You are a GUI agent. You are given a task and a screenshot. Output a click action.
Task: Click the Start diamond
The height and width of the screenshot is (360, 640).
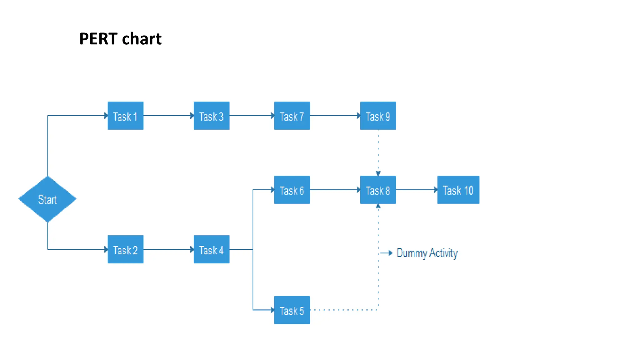point(47,199)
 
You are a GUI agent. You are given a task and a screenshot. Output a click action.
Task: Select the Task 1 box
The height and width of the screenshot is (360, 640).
point(125,116)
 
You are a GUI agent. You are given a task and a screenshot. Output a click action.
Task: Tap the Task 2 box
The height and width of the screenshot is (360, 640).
point(125,249)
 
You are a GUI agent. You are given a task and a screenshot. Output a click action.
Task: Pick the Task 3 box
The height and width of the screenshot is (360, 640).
point(211,116)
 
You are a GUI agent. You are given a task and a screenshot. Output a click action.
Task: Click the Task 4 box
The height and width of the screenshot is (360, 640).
point(211,249)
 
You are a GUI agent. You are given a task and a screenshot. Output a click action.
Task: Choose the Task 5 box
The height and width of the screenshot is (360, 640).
point(292,310)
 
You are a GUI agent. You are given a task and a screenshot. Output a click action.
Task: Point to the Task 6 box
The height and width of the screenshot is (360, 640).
point(292,190)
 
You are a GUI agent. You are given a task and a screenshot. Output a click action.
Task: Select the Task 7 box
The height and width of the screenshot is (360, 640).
point(292,116)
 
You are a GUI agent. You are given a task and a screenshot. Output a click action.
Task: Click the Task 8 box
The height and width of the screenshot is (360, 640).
point(378,190)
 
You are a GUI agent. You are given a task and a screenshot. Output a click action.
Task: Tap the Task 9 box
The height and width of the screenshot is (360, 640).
point(378,116)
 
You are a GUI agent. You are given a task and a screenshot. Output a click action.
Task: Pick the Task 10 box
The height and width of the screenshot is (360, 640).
point(458,190)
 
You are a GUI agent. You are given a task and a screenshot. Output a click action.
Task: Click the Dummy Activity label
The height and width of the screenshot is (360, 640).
point(427,253)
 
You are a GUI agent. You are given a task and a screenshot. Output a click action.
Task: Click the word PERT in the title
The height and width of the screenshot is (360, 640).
point(98,39)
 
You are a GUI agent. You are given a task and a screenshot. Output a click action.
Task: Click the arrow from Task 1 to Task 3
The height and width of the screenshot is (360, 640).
point(168,116)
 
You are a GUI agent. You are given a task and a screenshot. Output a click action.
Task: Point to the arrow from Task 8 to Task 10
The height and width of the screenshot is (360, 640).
point(417,190)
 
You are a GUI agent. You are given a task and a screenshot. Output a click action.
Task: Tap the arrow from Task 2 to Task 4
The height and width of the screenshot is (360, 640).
point(168,249)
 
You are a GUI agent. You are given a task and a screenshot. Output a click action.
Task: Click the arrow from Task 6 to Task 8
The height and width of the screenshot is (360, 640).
point(335,190)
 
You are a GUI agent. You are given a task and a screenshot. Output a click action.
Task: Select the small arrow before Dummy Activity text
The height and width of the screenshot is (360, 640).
point(387,253)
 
